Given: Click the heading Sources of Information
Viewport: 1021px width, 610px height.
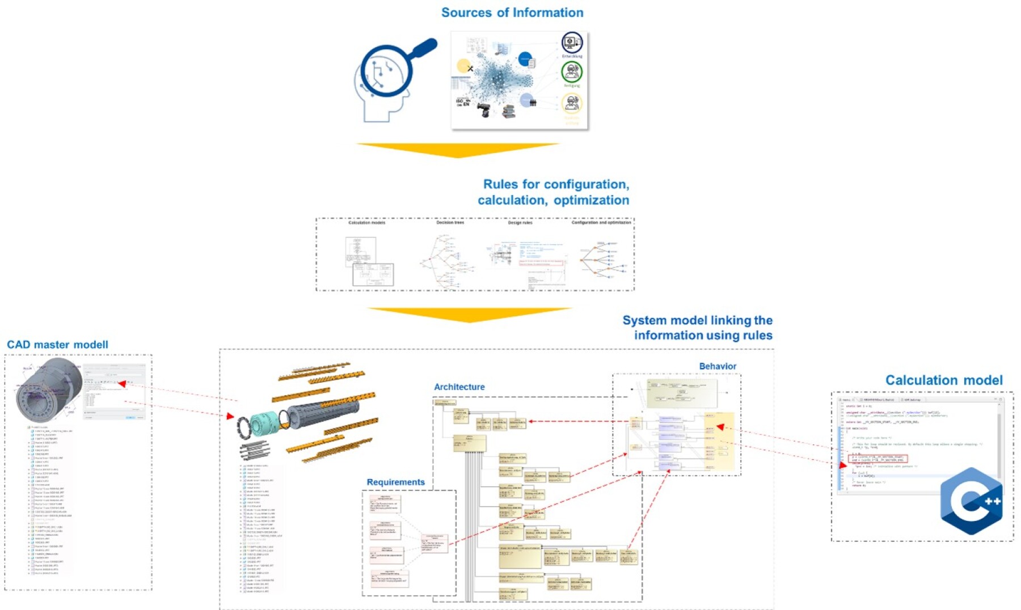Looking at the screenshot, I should pos(512,12).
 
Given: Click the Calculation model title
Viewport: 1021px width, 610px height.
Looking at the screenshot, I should pos(944,380).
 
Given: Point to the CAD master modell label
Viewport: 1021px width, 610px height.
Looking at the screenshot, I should pos(57,345).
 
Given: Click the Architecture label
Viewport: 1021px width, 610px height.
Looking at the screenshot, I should pos(459,387).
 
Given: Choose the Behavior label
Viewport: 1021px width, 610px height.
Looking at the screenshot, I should pos(718,366).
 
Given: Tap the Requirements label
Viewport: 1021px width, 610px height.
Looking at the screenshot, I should pos(395,482).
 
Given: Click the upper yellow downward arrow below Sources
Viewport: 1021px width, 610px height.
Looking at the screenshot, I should pos(457,150).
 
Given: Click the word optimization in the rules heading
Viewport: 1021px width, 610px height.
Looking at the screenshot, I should pos(591,200).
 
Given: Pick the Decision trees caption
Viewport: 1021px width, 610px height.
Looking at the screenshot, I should pos(450,223).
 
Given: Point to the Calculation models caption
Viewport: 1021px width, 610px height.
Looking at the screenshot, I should pos(366,223).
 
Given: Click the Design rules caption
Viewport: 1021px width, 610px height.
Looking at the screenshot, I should pos(520,223).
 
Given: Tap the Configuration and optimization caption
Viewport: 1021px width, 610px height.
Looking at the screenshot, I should pos(601,223).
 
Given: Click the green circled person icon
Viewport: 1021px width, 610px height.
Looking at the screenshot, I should pos(572,72).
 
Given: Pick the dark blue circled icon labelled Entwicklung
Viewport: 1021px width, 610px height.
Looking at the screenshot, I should pos(572,43).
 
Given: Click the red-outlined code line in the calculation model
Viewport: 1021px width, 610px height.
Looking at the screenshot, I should pos(877,459).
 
